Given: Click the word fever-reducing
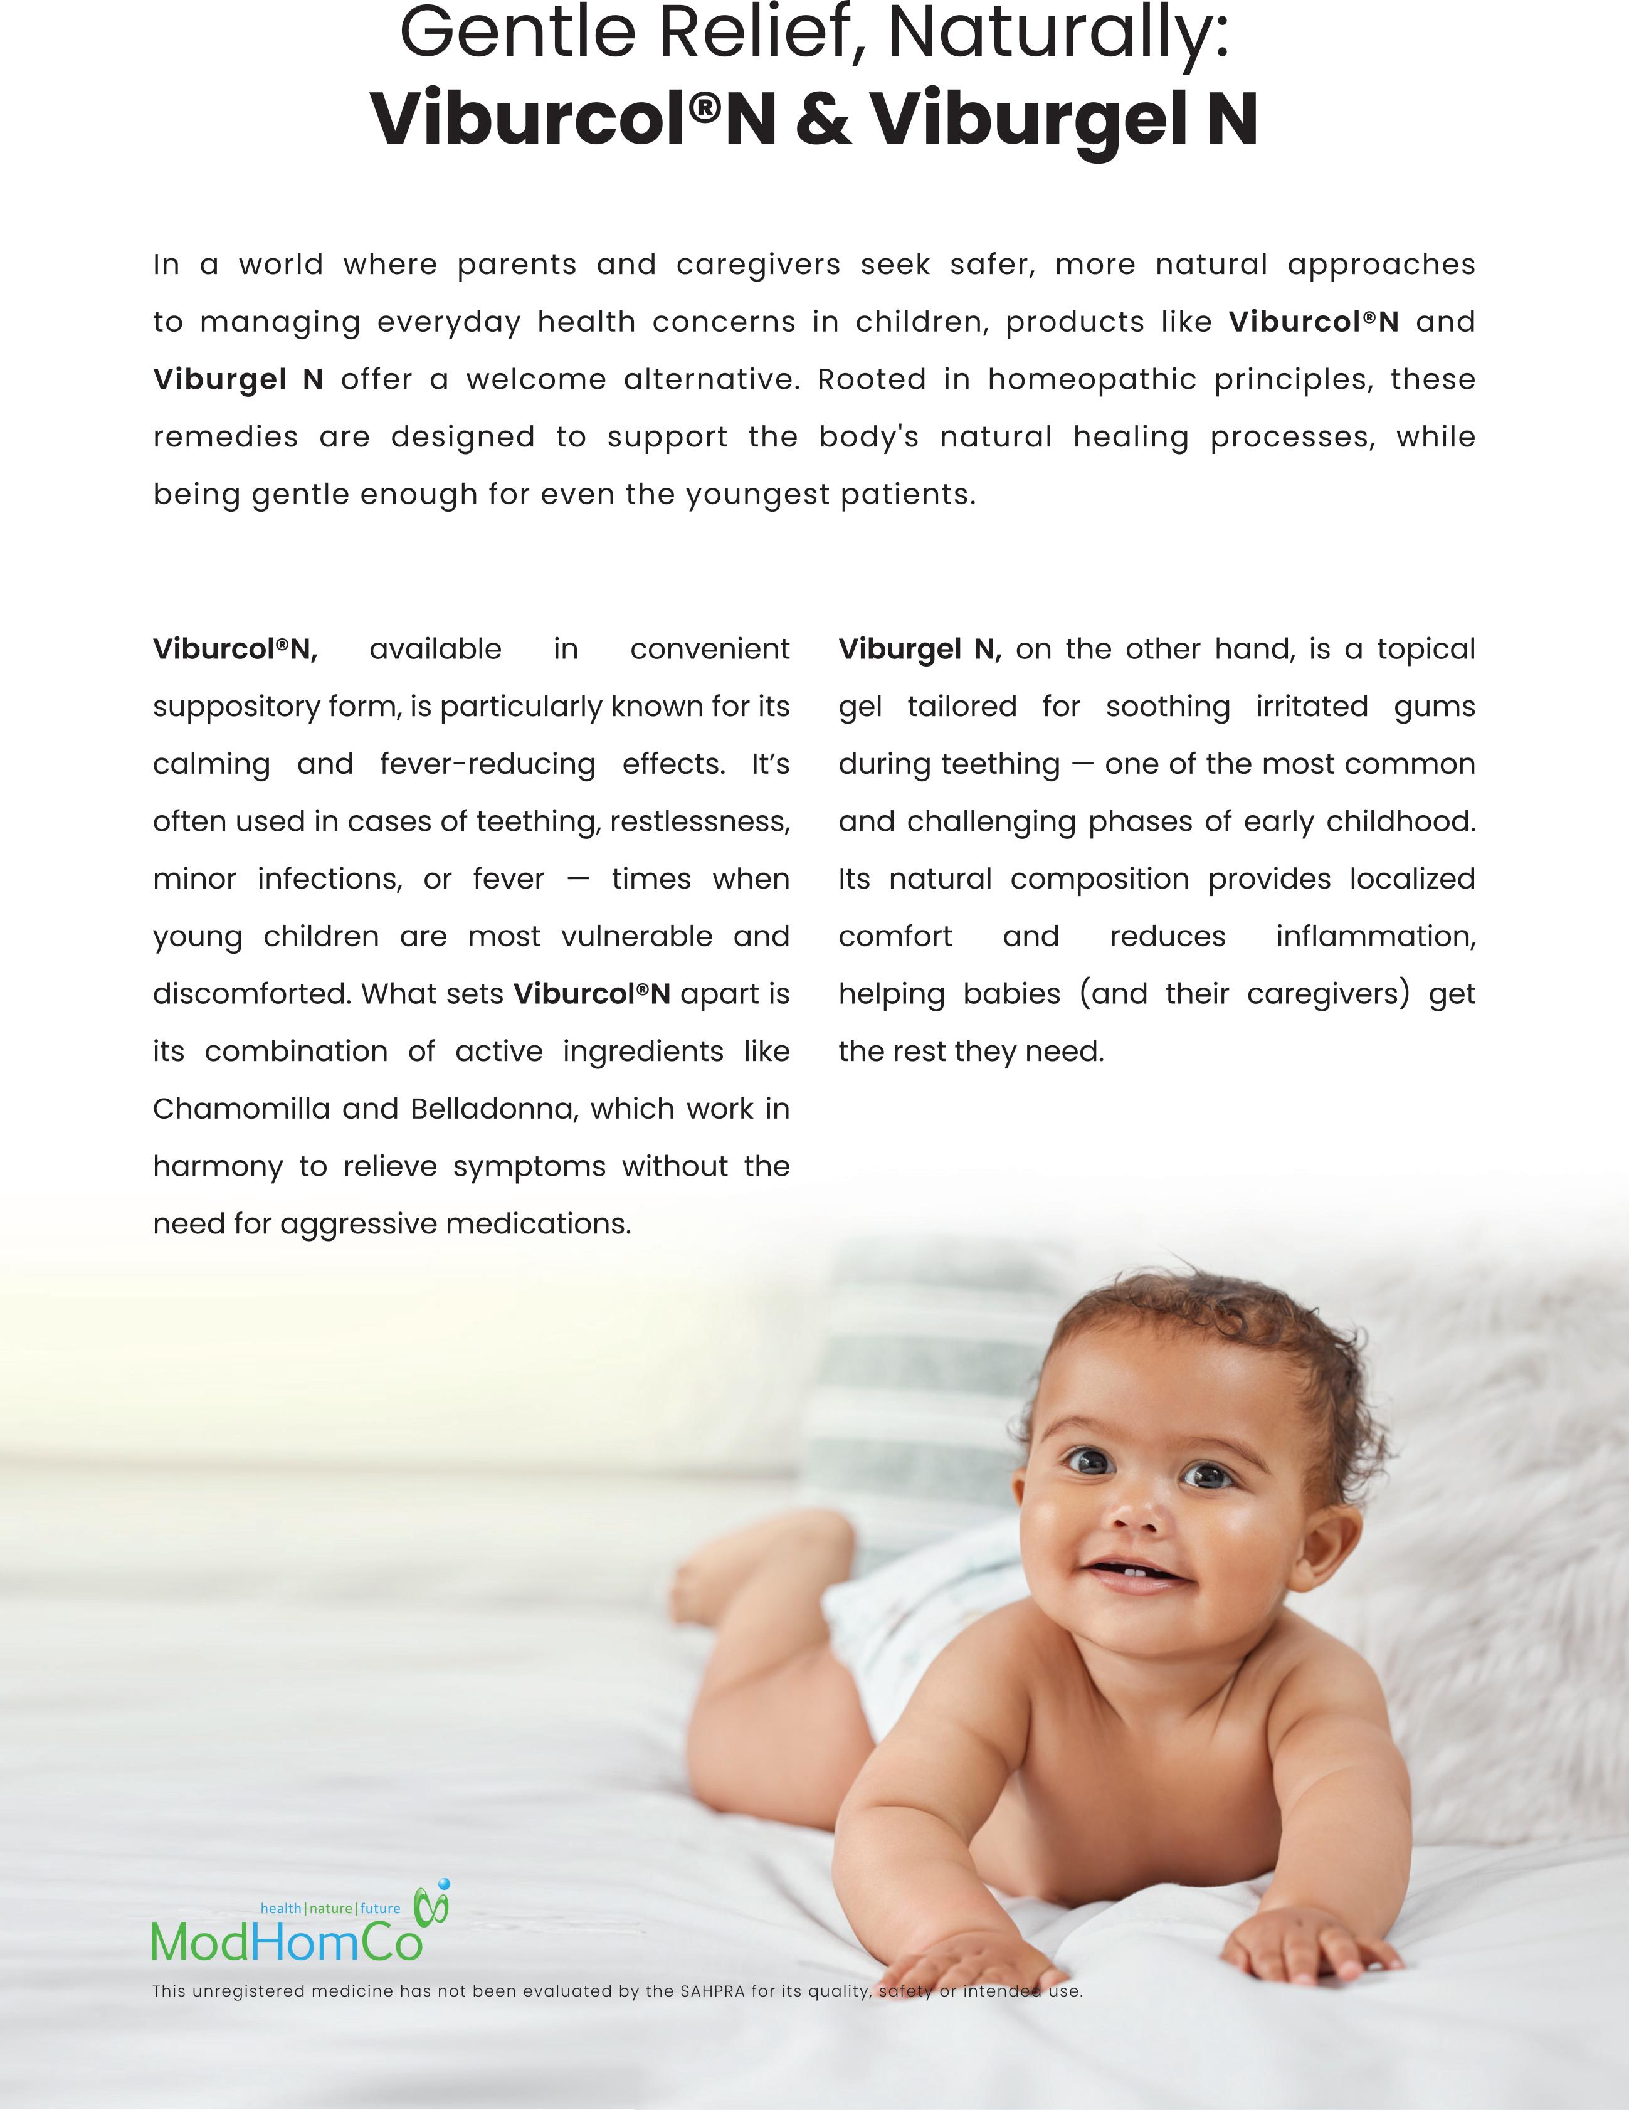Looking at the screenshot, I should [x=487, y=764].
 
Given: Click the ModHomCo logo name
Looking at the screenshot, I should [x=287, y=1943].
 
